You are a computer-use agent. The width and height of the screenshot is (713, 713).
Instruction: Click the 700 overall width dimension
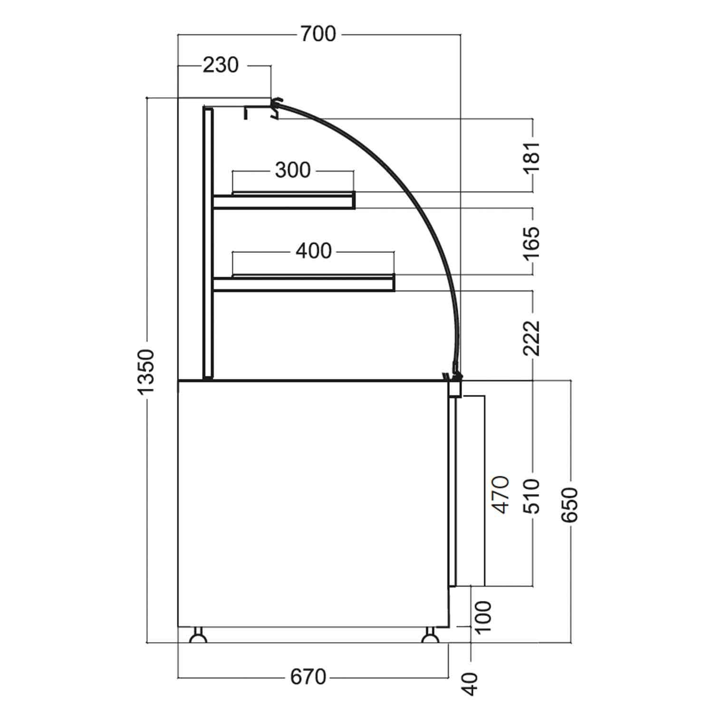pyautogui.click(x=318, y=34)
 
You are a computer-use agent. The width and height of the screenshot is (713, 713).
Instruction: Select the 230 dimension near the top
pyautogui.click(x=221, y=65)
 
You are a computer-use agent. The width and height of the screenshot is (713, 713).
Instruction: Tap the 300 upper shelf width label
pyautogui.click(x=292, y=170)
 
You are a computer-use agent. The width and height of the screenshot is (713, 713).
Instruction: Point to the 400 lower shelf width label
pyautogui.click(x=313, y=251)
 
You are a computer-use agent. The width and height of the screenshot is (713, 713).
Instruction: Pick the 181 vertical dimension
pyautogui.click(x=532, y=153)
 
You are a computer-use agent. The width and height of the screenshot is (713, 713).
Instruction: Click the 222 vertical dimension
pyautogui.click(x=532, y=338)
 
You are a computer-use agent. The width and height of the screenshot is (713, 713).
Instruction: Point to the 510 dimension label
pyautogui.click(x=532, y=496)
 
